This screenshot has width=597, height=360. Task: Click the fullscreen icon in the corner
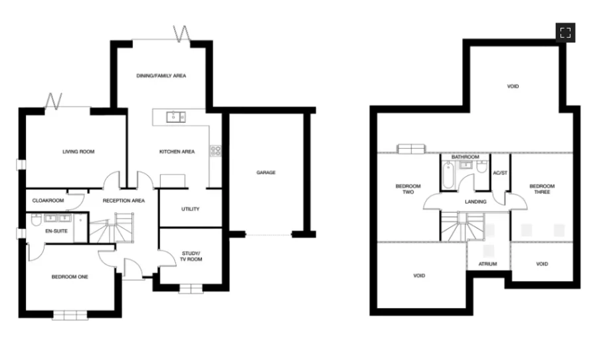tap(565, 33)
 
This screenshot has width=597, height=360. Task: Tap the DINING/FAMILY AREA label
tap(161, 76)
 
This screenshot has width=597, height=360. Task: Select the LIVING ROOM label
tap(78, 151)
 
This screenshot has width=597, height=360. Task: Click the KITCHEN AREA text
tap(177, 151)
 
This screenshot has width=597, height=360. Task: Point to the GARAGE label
tap(266, 173)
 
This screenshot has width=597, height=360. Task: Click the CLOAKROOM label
tap(48, 200)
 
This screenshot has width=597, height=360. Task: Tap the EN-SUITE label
tap(56, 231)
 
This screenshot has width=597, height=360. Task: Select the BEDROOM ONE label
tap(70, 276)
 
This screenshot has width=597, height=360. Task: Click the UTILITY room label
tap(191, 209)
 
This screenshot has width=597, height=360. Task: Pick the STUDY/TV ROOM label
tap(191, 256)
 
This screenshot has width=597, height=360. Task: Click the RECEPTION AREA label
tap(124, 200)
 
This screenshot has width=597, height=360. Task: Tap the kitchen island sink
tap(176, 118)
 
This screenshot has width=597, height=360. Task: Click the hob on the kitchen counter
tap(216, 151)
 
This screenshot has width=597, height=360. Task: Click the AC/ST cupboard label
tap(500, 173)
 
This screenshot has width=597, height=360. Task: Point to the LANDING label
tap(475, 201)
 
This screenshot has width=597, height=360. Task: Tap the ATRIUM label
tap(488, 264)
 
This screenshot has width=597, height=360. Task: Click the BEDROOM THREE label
tap(542, 189)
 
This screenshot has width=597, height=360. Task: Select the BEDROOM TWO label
tap(404, 189)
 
